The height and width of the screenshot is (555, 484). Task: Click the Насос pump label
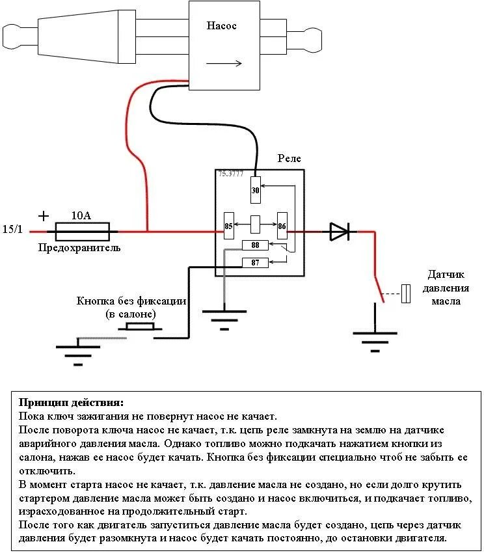point(222,26)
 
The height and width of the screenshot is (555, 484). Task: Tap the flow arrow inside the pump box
point(224,63)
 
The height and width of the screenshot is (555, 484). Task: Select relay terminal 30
point(256,190)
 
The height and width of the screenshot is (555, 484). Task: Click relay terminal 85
point(229,226)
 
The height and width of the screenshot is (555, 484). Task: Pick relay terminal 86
point(282,226)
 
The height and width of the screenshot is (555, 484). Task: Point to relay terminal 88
point(255,245)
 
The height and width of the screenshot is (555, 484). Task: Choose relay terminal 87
point(255,262)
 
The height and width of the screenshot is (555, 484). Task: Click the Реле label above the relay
point(289,158)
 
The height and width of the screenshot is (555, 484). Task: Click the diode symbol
point(339,231)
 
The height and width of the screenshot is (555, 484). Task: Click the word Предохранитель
point(79,248)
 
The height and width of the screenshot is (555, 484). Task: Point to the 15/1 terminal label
point(12,230)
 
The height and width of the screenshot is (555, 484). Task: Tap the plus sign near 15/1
point(44,215)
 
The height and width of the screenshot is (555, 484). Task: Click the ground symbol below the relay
point(224,318)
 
